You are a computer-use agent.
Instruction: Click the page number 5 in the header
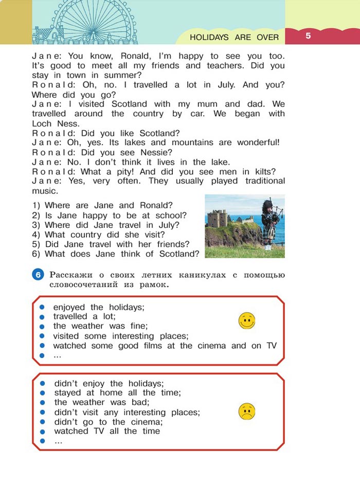coord(308,35)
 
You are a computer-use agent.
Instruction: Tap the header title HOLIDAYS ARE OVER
coord(234,37)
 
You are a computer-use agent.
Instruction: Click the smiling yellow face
coord(247,321)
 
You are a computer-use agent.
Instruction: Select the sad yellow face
coord(247,411)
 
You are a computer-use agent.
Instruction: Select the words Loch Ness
coord(48,123)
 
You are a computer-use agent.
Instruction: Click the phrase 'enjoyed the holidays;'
coord(99,307)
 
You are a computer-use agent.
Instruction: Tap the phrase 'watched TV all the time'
coord(107,431)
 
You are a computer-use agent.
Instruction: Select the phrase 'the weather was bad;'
coord(105,402)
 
